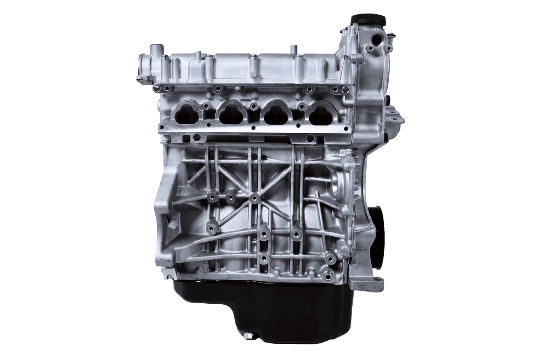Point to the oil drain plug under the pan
(248, 335)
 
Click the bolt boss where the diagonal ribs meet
(255, 197)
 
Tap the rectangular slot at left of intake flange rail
(197, 137)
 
